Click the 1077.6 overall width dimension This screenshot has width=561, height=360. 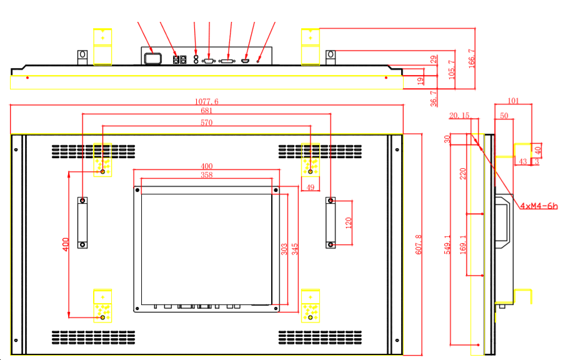207,102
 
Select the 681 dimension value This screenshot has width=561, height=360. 207,111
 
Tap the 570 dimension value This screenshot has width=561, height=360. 207,123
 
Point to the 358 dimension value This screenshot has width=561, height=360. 207,176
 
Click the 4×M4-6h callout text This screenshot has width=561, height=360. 539,206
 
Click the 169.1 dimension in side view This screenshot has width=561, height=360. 463,244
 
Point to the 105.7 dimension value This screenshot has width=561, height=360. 452,69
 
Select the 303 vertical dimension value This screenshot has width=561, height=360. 284,249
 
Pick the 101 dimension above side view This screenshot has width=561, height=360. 513,100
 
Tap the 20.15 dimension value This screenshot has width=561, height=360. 459,115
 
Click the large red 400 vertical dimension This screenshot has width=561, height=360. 66,244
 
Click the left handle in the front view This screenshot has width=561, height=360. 82,222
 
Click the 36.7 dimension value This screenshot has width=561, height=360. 434,98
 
